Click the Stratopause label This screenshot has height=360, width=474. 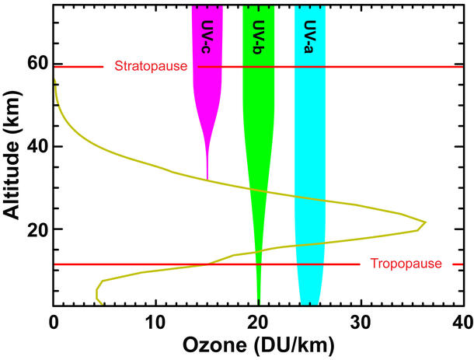click(151, 66)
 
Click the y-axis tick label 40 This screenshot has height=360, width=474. click(35, 146)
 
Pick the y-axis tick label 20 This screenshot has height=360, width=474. click(35, 230)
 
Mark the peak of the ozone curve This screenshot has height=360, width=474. click(425, 222)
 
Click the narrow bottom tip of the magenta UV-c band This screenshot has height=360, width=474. click(207, 178)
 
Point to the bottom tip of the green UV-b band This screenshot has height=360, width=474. click(259, 299)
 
